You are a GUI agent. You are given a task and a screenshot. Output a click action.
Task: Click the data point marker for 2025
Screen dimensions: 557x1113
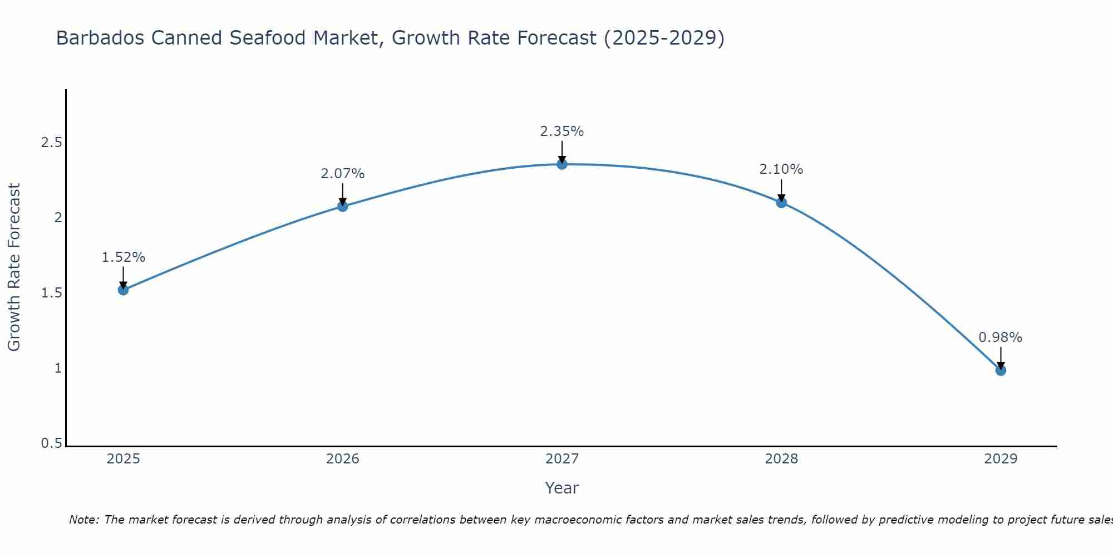tap(124, 290)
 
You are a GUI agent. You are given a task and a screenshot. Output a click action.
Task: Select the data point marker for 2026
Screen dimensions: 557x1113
tap(343, 206)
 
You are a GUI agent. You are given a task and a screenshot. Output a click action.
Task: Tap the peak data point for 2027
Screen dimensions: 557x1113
tap(562, 164)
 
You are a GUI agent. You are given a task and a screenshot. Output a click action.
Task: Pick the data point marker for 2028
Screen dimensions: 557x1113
tap(781, 202)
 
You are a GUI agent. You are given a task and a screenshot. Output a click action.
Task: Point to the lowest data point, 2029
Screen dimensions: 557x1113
tap(1001, 370)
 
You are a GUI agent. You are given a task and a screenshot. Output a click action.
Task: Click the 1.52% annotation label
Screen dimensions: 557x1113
tap(124, 257)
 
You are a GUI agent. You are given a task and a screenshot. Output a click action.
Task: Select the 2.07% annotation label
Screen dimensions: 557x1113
tap(343, 174)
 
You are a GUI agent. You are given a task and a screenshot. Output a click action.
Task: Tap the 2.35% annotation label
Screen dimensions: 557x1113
tap(562, 131)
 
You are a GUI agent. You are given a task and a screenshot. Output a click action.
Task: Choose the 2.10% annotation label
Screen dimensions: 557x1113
tap(781, 169)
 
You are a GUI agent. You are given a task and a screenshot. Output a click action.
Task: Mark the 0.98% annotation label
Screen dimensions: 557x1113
tap(1001, 338)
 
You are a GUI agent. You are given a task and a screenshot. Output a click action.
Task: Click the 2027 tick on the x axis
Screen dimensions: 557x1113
tap(562, 459)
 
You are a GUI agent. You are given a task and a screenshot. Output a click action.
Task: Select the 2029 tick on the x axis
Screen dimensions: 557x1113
tap(1001, 459)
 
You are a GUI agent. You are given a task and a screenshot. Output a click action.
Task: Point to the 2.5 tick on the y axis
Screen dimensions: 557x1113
tap(51, 143)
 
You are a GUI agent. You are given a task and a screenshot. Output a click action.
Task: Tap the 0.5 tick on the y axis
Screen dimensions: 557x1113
tap(51, 444)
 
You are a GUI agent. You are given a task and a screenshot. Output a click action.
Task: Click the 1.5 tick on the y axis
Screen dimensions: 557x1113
tap(51, 293)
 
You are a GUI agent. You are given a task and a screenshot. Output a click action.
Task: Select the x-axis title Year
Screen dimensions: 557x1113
tap(562, 488)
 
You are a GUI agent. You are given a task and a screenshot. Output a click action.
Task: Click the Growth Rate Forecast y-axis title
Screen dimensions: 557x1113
tap(14, 267)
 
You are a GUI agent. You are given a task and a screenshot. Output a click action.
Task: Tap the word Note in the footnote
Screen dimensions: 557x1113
tap(83, 520)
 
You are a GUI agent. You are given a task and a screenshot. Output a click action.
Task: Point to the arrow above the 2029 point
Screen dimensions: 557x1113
tap(1001, 358)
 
